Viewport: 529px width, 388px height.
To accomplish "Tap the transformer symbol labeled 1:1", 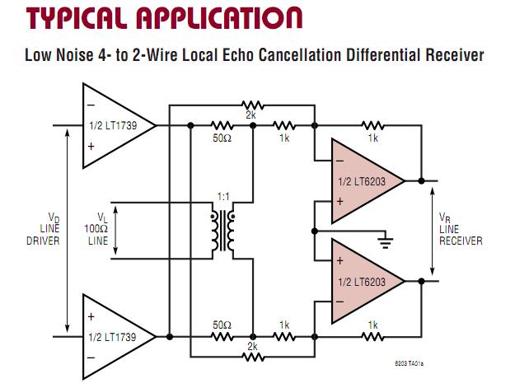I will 223,230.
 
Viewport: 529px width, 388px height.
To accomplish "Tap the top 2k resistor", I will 251,105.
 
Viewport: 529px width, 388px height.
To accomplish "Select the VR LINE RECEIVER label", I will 460,231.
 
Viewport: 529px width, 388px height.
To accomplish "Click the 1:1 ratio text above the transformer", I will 223,197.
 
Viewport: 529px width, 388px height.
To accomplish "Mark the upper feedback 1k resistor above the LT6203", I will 372,125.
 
